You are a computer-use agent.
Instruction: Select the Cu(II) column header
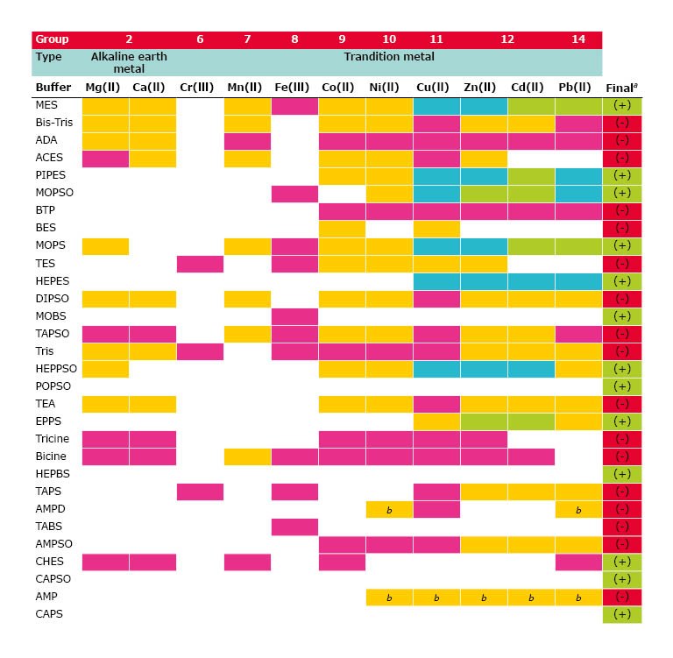[436, 88]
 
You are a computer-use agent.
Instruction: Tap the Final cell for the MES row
[622, 105]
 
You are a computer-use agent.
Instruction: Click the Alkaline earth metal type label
[129, 62]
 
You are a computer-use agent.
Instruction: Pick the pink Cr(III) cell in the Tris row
[200, 350]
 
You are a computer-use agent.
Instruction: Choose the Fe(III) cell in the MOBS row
[294, 315]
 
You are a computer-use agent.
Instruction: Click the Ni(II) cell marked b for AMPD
[389, 509]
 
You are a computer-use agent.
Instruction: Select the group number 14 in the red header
[578, 39]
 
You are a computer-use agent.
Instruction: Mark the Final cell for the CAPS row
[622, 614]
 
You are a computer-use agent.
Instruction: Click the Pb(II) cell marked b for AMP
[578, 597]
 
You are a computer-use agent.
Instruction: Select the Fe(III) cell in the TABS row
[294, 527]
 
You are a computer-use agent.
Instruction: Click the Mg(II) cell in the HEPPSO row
[105, 368]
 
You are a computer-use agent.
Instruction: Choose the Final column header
[621, 88]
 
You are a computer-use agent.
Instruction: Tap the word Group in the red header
[52, 39]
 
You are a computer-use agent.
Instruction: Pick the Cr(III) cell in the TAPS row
[200, 492]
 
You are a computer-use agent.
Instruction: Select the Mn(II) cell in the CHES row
[247, 562]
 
